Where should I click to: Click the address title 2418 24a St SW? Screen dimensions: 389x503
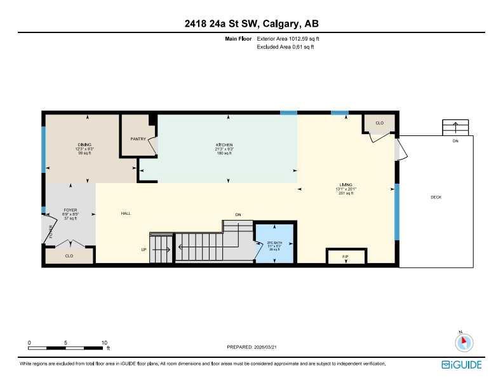[x=251, y=24]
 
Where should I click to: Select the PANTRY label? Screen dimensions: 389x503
[x=138, y=139]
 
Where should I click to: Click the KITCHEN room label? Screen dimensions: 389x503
[x=224, y=145]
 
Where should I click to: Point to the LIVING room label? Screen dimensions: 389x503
[x=346, y=184]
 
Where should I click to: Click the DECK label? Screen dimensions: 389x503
[x=436, y=197]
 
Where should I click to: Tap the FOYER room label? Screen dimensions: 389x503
[x=70, y=210]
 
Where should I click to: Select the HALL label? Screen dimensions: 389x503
[x=126, y=214]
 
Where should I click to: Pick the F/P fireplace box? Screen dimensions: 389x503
[x=345, y=257]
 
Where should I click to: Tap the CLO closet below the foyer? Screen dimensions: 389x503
[x=69, y=256]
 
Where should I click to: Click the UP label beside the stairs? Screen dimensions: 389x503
[x=144, y=250]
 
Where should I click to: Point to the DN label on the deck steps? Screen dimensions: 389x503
[x=455, y=141]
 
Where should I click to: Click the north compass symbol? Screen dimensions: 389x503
[x=464, y=341]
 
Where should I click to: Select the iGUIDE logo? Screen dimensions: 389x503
[x=462, y=364]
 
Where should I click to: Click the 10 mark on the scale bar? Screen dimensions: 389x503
[x=104, y=343]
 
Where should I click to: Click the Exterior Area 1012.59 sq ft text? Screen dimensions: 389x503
[x=292, y=39]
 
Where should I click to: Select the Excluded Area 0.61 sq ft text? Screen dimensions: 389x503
[x=285, y=46]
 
